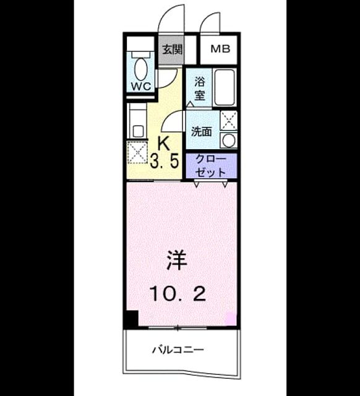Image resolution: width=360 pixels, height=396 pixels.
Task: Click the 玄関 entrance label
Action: (x=172, y=49)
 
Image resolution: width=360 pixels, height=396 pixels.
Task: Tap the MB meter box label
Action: (x=220, y=49)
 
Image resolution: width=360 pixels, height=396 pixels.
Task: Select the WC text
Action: (x=141, y=87)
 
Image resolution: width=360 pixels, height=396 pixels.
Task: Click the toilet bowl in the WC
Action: (x=140, y=69)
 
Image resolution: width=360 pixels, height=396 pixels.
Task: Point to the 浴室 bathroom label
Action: (x=199, y=88)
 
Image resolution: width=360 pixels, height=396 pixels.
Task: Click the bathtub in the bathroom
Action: (x=225, y=87)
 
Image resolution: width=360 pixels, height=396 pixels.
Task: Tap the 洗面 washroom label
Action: (x=201, y=132)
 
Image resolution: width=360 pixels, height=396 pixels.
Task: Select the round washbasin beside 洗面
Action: (x=229, y=140)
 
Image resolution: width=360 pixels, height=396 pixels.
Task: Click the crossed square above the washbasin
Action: (x=229, y=121)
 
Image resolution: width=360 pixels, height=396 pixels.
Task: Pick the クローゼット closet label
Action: (x=210, y=166)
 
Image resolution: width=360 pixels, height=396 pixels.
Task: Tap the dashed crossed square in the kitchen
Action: (x=137, y=153)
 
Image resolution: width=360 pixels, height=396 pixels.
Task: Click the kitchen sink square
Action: (x=138, y=131)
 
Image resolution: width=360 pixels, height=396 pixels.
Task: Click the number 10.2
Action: (x=178, y=294)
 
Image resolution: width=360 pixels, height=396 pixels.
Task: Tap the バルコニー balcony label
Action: (x=178, y=350)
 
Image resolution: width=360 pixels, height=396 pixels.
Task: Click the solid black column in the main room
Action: (x=132, y=319)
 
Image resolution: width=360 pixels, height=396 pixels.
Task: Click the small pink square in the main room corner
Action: (x=231, y=318)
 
